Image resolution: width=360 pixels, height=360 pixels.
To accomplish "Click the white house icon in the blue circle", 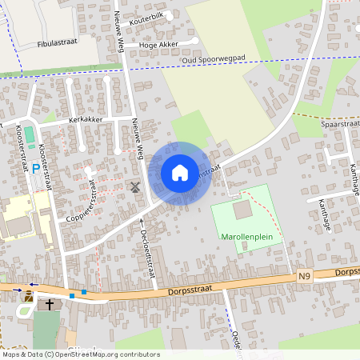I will [180, 172].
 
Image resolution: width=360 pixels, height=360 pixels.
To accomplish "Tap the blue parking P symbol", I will [35, 169].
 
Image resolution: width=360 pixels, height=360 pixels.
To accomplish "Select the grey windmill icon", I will [134, 187].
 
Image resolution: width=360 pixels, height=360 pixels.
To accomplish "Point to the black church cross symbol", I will [50, 305].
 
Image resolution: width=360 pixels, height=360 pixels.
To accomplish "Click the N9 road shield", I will [303, 277].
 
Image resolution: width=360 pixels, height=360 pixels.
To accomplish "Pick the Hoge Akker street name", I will [158, 45].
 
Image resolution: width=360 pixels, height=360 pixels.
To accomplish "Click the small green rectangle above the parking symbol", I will [30, 132].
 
